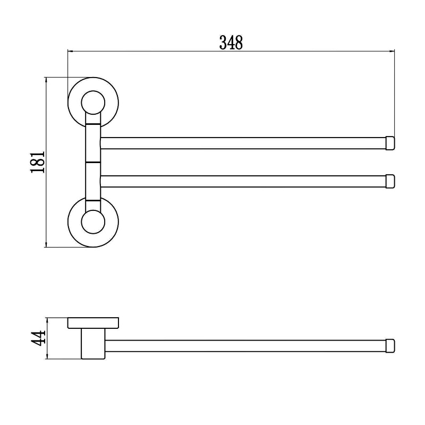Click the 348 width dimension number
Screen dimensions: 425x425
tap(231, 43)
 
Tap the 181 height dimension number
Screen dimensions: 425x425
tap(38, 162)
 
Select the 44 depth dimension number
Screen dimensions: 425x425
tap(38, 338)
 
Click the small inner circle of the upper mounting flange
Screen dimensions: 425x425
tap(93, 103)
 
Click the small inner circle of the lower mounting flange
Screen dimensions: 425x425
tap(93, 222)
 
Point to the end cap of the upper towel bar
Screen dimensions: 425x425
tap(390, 143)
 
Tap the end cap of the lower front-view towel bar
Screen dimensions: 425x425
tap(390, 181)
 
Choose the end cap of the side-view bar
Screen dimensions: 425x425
tap(390, 346)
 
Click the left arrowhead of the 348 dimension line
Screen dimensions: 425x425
tap(70, 50)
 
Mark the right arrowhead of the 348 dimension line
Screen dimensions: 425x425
tap(392, 50)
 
